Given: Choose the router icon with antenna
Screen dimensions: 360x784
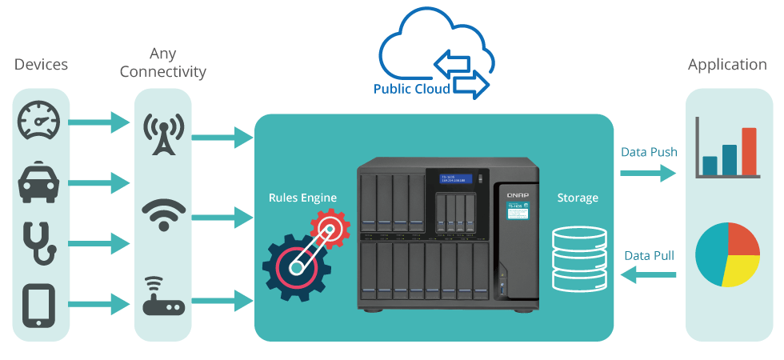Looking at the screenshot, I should pyautogui.click(x=163, y=296).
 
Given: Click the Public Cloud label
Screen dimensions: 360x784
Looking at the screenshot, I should pyautogui.click(x=411, y=89).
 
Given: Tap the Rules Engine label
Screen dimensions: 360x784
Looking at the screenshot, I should pyautogui.click(x=302, y=197).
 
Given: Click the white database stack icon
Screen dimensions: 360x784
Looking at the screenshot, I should pyautogui.click(x=576, y=258).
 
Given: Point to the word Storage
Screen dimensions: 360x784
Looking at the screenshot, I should pyautogui.click(x=576, y=197).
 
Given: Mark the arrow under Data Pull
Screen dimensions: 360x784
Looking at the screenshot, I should pyautogui.click(x=648, y=276).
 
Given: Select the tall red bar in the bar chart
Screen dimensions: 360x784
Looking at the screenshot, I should pyautogui.click(x=749, y=151).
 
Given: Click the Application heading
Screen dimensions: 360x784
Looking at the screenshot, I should pyautogui.click(x=727, y=65).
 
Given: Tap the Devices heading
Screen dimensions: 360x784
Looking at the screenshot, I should pyautogui.click(x=41, y=65).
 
